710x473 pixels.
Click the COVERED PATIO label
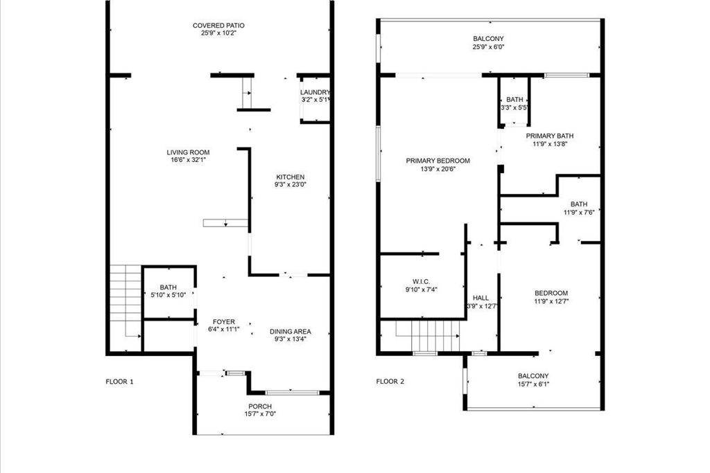(218, 26)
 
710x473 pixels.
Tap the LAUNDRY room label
(315, 92)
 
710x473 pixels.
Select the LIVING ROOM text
(188, 152)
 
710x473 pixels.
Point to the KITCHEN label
(290, 177)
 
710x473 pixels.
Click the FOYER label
(224, 322)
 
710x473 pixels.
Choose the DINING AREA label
(290, 332)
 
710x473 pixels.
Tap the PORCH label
(260, 407)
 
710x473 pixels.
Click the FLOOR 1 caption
(119, 381)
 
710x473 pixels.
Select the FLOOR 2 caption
(390, 381)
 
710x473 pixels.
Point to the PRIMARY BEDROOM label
(438, 161)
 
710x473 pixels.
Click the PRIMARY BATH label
(550, 136)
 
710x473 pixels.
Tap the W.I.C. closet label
(422, 281)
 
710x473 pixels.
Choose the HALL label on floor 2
(480, 298)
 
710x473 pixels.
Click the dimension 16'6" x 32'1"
(188, 160)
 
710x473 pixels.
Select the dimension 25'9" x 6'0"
(488, 48)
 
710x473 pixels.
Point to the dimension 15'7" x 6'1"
(532, 384)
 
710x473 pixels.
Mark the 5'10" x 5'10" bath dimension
(168, 296)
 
